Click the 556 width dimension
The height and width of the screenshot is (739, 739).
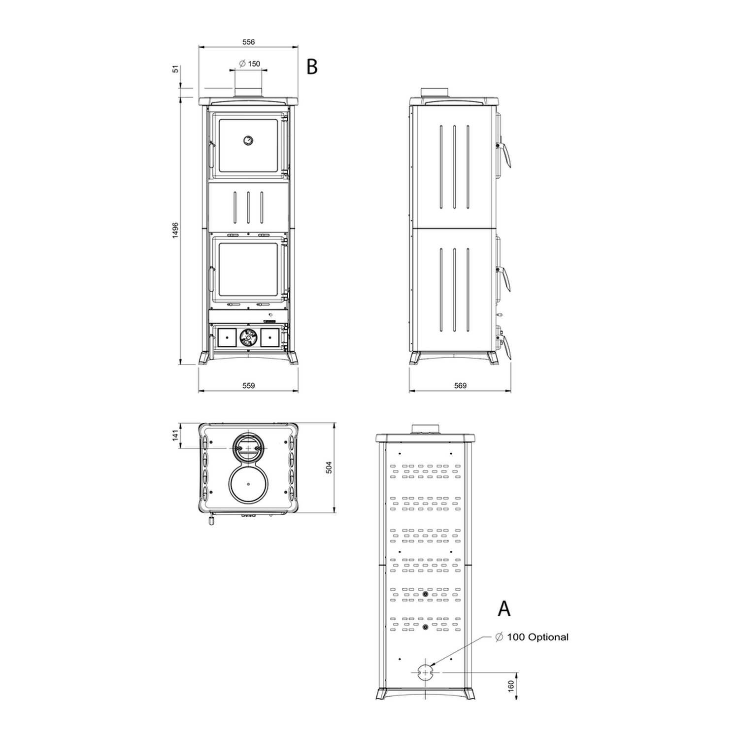click(x=249, y=42)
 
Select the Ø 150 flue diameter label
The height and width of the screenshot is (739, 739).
click(x=250, y=64)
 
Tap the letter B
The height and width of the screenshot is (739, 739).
click(x=312, y=67)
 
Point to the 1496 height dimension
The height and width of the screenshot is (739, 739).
click(x=175, y=231)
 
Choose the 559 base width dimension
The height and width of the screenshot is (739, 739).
click(x=249, y=386)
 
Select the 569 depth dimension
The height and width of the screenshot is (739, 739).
click(x=460, y=386)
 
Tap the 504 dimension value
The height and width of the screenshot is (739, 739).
click(x=329, y=467)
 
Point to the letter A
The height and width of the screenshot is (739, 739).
click(x=504, y=609)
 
